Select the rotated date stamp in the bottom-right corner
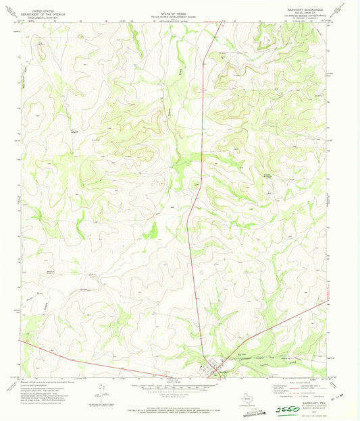[342, 408]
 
